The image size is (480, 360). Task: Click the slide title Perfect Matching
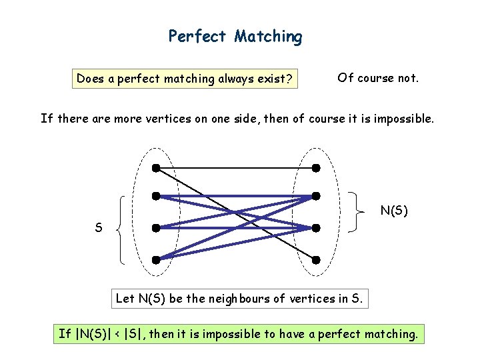pos(235,36)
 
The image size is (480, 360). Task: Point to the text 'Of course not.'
pos(378,78)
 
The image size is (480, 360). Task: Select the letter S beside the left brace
pos(99,228)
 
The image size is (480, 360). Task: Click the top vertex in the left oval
pos(155,167)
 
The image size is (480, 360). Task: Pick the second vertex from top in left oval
pos(155,197)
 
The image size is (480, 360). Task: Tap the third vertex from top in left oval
pos(155,228)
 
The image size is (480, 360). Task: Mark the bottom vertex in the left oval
pos(155,259)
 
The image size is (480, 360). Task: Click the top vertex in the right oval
pos(316,167)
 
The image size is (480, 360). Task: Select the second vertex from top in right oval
pos(316,196)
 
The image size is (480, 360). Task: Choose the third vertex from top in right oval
pos(316,228)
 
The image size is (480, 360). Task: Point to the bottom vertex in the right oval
pos(316,259)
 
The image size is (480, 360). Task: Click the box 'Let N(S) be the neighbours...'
pos(239,298)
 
